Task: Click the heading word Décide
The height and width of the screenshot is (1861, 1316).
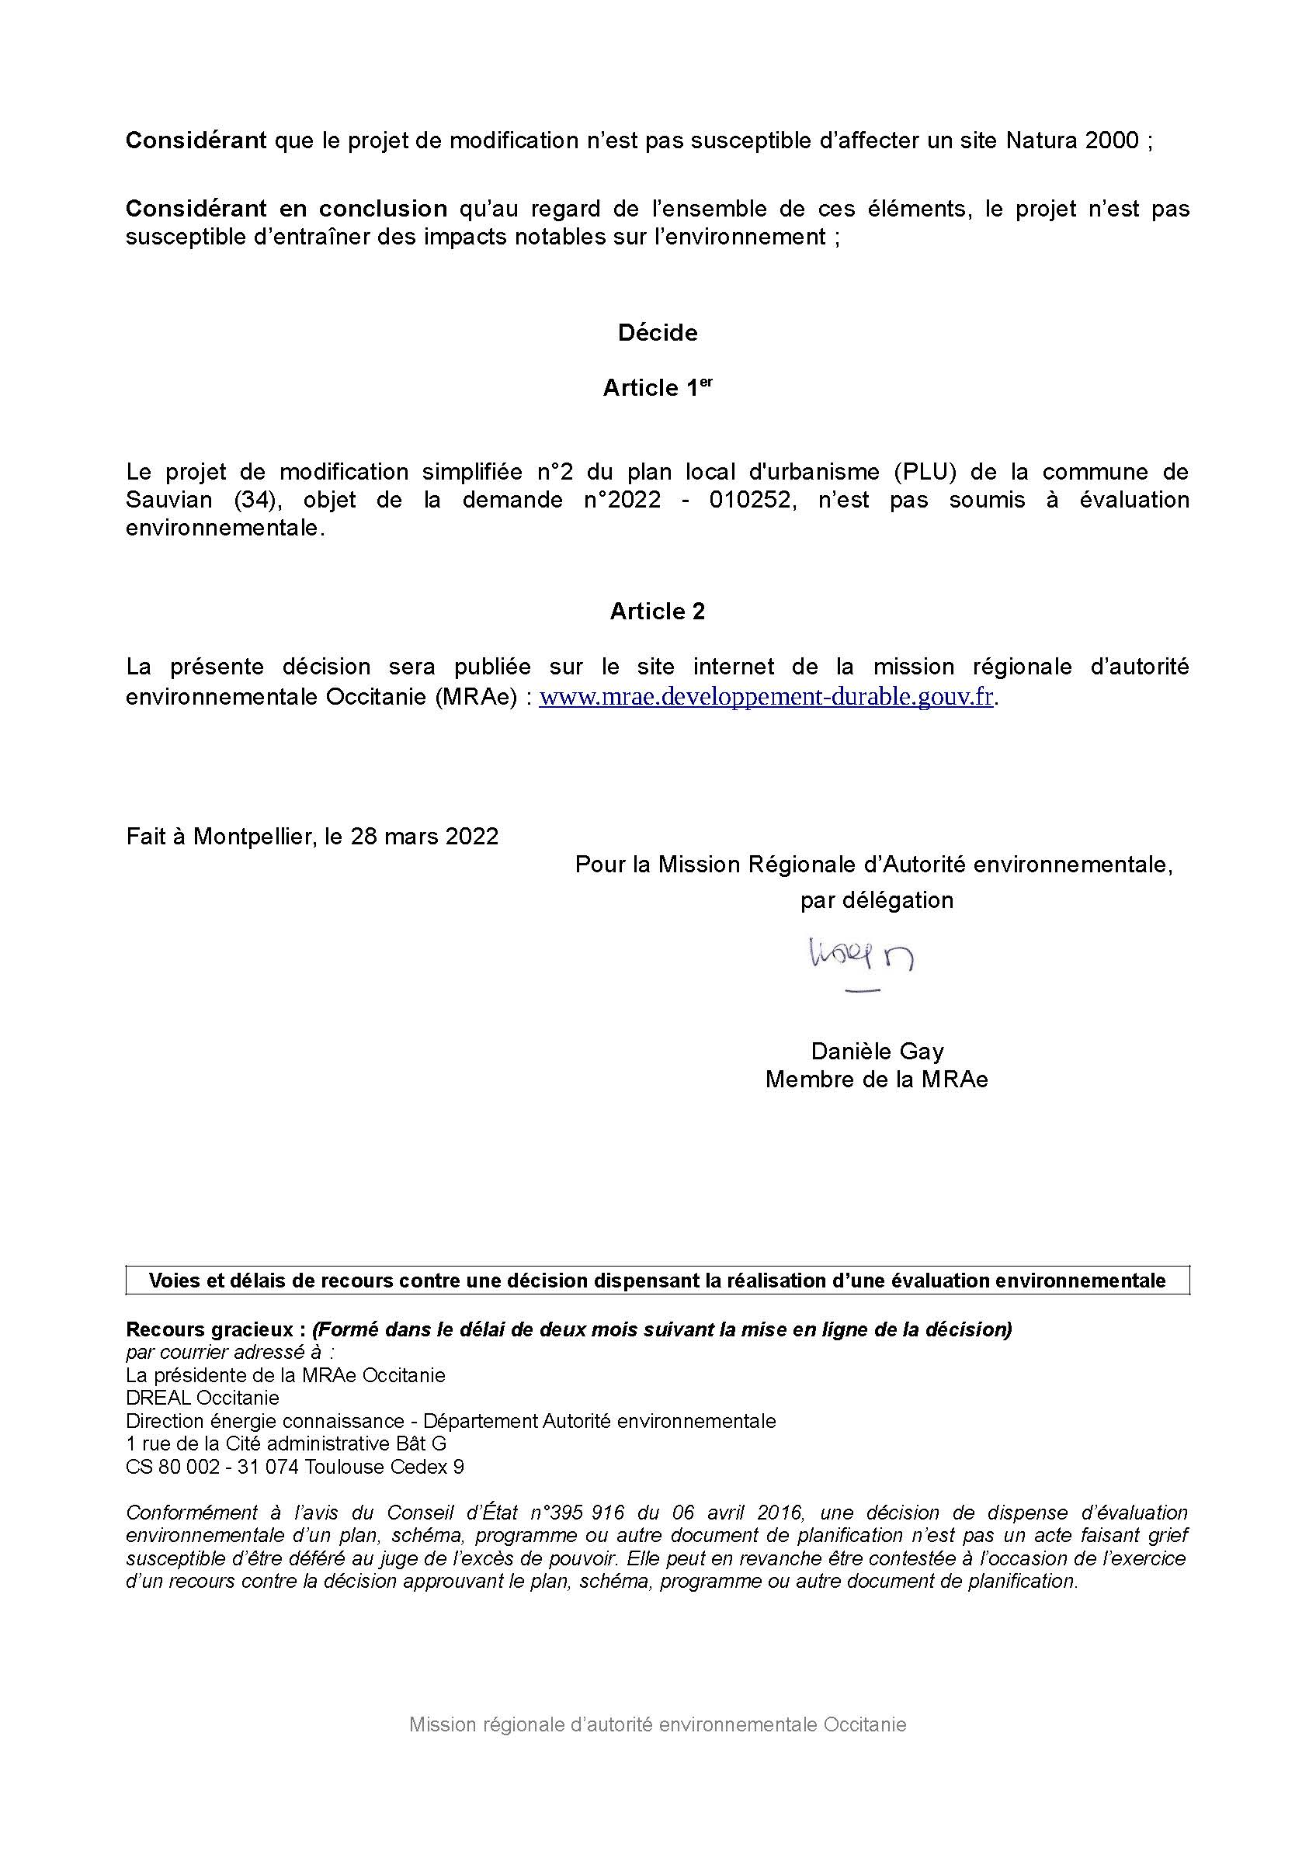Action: pyautogui.click(x=657, y=333)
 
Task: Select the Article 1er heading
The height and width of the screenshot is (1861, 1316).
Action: pyautogui.click(x=657, y=388)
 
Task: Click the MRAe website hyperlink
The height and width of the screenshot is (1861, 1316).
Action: pyautogui.click(x=766, y=697)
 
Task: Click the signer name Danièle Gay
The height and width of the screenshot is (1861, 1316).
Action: pyautogui.click(x=877, y=1052)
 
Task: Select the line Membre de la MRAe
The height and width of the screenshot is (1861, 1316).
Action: pyautogui.click(x=877, y=1080)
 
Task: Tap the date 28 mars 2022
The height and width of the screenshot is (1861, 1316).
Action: pyautogui.click(x=424, y=837)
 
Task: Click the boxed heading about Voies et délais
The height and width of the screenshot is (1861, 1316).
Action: pyautogui.click(x=657, y=1281)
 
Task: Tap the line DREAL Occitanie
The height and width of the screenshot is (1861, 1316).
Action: pyautogui.click(x=203, y=1398)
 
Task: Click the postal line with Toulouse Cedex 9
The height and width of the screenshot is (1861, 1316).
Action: pyautogui.click(x=295, y=1466)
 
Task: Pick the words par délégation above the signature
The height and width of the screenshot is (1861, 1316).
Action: pyautogui.click(x=877, y=900)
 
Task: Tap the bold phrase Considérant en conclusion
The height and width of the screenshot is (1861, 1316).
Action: pyautogui.click(x=286, y=209)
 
